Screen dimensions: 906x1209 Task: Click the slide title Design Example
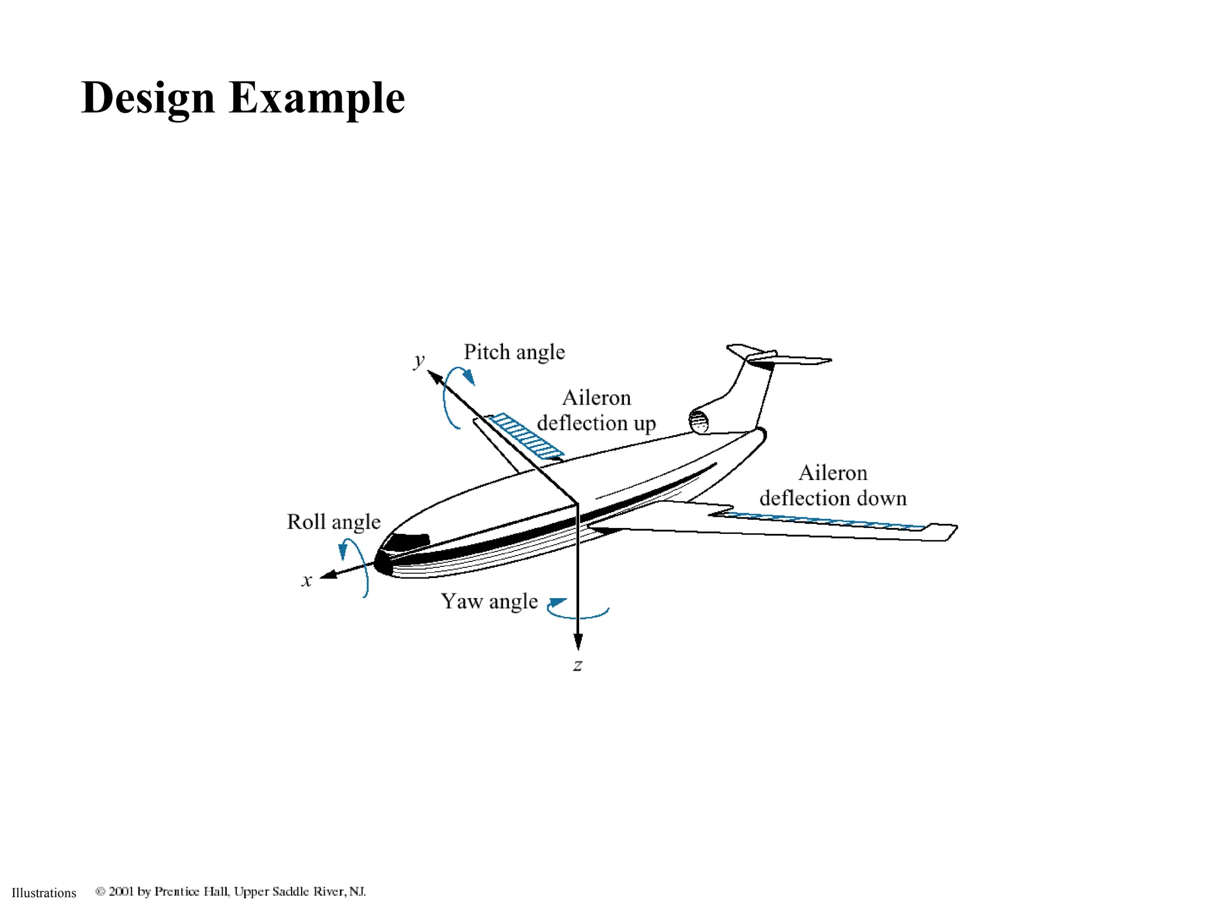[243, 98]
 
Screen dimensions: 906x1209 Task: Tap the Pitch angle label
[514, 352]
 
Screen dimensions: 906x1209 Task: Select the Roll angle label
[334, 522]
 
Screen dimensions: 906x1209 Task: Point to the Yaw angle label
[489, 602]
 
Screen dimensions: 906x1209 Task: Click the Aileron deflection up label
[596, 411]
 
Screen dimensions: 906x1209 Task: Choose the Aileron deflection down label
[832, 485]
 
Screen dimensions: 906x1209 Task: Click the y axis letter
[419, 360]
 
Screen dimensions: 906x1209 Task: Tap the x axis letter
[306, 580]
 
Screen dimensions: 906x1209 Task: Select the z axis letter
[578, 665]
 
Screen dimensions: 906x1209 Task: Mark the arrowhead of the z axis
[578, 642]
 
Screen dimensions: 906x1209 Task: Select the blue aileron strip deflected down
[821, 521]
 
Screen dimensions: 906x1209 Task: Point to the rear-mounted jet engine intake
[699, 421]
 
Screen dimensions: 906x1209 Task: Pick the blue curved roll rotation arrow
[357, 563]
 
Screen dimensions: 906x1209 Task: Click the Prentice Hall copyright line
[231, 891]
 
